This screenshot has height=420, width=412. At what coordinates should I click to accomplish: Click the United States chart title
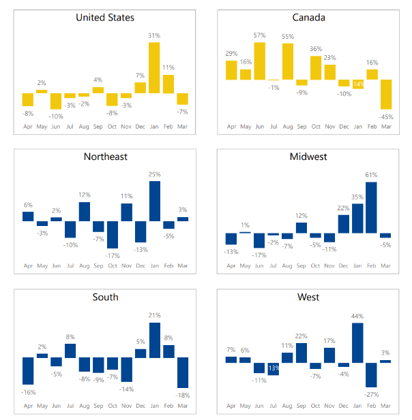(x=105, y=17)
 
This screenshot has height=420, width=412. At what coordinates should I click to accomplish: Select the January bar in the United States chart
(x=154, y=67)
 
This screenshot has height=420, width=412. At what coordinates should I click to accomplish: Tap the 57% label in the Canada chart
(x=259, y=35)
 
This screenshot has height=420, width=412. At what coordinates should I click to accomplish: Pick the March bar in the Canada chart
(x=387, y=95)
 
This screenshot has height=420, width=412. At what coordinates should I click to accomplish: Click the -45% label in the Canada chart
(x=387, y=116)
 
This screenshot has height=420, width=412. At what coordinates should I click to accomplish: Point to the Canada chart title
(x=308, y=17)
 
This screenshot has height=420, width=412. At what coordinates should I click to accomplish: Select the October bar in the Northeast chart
(x=112, y=235)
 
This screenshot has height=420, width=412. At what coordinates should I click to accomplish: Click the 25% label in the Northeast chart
(x=154, y=174)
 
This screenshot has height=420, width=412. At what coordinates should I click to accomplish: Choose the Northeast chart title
(x=105, y=157)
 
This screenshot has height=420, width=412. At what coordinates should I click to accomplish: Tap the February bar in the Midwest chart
(x=372, y=208)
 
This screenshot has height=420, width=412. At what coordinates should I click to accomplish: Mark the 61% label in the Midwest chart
(x=372, y=175)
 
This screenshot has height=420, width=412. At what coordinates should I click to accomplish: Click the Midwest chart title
(x=308, y=157)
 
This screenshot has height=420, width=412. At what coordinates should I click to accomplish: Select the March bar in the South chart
(x=183, y=372)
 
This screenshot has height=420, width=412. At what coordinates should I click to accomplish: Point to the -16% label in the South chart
(x=28, y=392)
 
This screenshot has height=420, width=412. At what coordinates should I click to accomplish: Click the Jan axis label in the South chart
(x=154, y=406)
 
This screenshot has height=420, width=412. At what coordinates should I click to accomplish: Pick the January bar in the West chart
(x=357, y=342)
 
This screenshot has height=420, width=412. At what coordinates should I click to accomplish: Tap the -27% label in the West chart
(x=372, y=395)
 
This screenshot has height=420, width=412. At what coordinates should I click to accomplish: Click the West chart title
(x=308, y=297)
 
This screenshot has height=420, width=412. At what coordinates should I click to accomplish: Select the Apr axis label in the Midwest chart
(x=231, y=265)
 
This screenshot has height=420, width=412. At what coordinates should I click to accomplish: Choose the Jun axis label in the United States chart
(x=56, y=126)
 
